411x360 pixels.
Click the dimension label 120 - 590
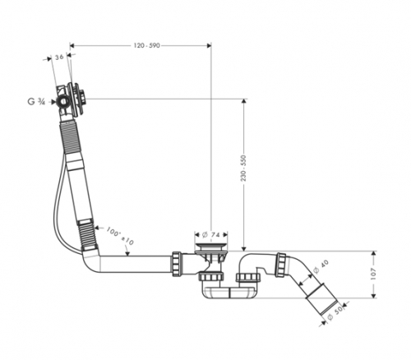tap(146, 45)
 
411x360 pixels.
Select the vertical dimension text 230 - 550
tap(243, 168)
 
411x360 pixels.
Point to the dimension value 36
tap(59, 58)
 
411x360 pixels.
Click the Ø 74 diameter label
tap(211, 235)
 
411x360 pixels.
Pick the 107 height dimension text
tap(373, 274)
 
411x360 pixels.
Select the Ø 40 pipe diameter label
tap(320, 267)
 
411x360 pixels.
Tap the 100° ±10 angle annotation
tap(120, 236)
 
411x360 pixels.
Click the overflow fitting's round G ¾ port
tap(63, 102)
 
